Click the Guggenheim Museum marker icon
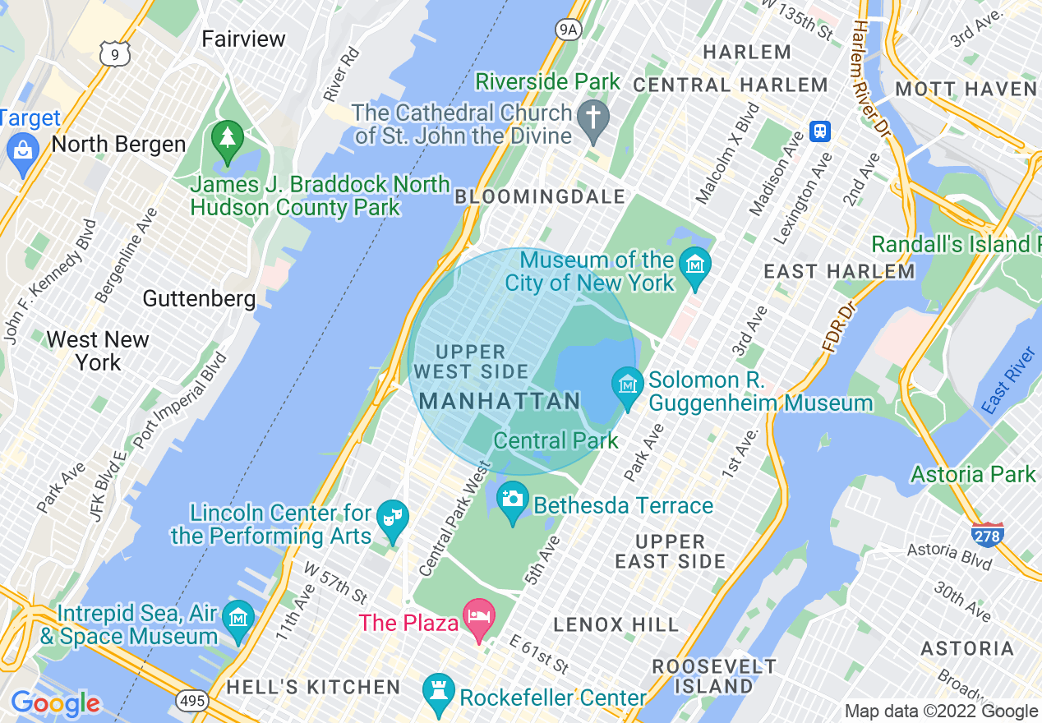(628, 385)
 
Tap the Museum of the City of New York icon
(695, 265)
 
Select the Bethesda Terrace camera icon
(513, 498)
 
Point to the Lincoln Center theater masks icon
(393, 517)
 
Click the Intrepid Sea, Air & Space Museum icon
(238, 617)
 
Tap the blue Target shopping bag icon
(21, 150)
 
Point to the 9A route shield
(568, 30)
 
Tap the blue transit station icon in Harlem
(819, 131)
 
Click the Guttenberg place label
(199, 298)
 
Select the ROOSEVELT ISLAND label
(713, 675)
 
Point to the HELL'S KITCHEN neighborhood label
(313, 687)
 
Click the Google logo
(55, 703)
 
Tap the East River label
(1007, 381)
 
